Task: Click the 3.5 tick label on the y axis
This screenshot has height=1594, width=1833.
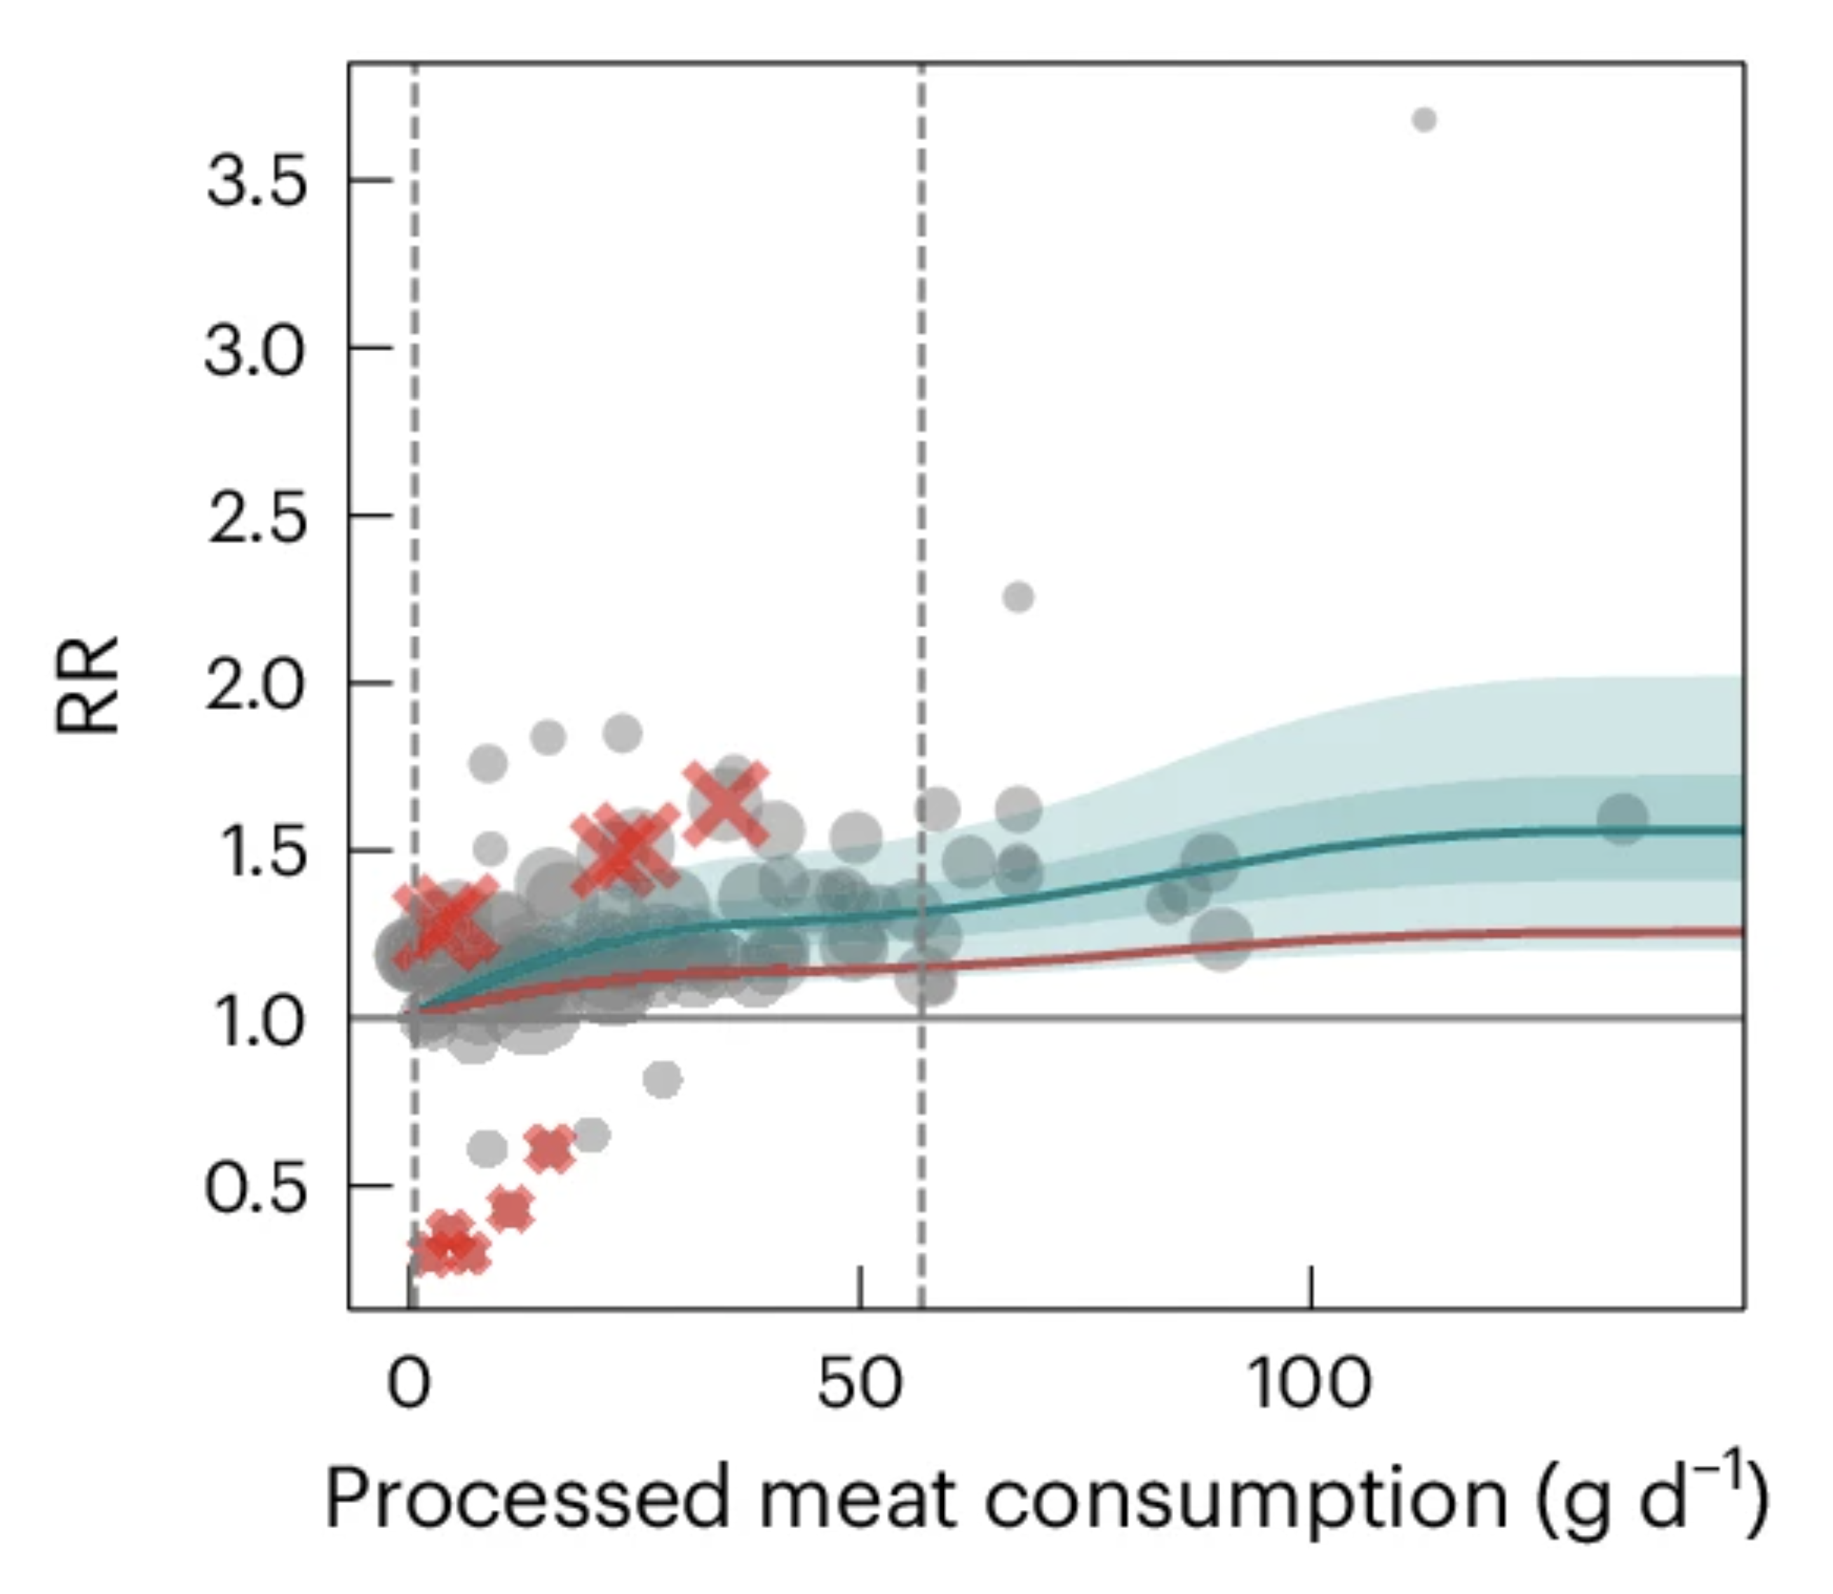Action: pyautogui.click(x=255, y=182)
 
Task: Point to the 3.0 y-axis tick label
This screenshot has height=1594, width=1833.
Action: pyautogui.click(x=255, y=350)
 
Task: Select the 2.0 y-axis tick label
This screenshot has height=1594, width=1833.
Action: pyautogui.click(x=255, y=685)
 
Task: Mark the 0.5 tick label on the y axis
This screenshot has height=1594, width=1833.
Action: pyautogui.click(x=255, y=1188)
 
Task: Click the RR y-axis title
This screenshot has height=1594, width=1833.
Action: pyautogui.click(x=87, y=685)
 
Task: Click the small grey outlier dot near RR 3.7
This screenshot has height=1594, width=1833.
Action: pyautogui.click(x=1423, y=119)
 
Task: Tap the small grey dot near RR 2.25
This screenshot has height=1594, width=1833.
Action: pyautogui.click(x=1019, y=597)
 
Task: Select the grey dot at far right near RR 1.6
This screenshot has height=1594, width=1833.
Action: pyautogui.click(x=1622, y=818)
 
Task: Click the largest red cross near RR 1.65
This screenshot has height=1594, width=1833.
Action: pyautogui.click(x=726, y=804)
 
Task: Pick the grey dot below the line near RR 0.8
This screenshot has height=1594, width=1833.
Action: pyautogui.click(x=662, y=1079)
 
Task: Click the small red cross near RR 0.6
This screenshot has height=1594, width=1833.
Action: pyautogui.click(x=550, y=1150)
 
